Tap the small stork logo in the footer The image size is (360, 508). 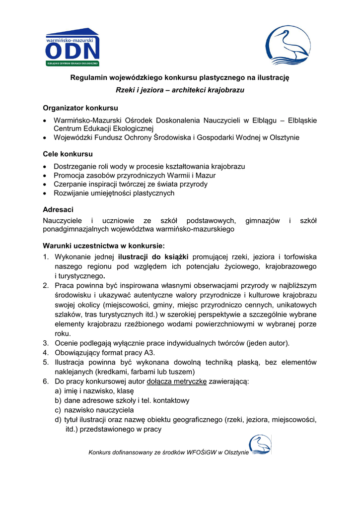click(260, 445)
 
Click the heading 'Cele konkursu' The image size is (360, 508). click(68, 154)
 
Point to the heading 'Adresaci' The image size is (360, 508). click(58, 209)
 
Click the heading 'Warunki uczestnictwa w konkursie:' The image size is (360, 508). click(103, 245)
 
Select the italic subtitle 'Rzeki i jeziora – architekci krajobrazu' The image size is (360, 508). click(180, 90)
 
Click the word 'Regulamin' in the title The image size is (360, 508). click(88, 77)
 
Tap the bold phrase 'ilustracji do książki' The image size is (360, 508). click(153, 257)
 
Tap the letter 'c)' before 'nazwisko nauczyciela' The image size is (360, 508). click(58, 410)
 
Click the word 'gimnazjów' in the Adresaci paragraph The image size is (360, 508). click(263, 221)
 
